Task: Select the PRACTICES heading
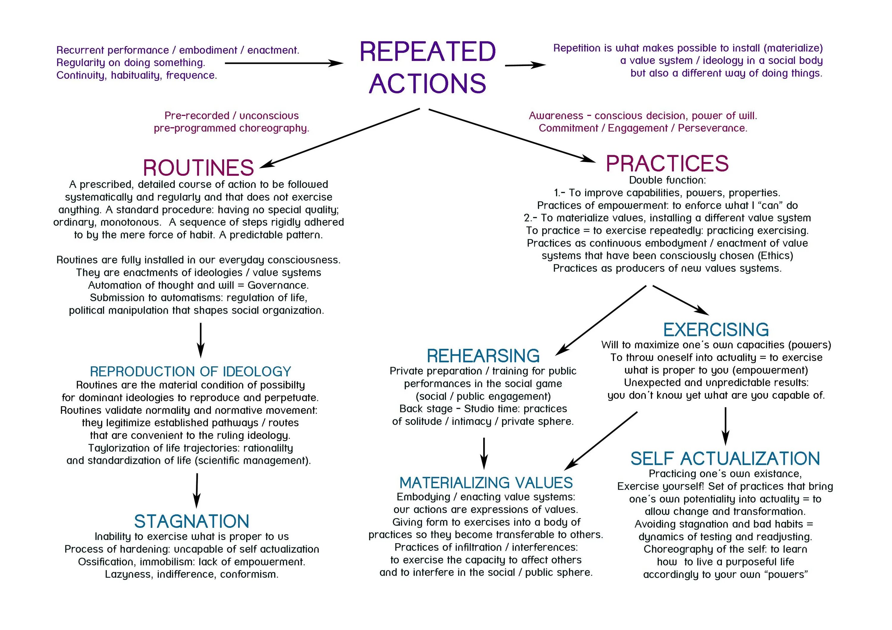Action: (667, 164)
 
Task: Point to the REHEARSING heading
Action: (483, 356)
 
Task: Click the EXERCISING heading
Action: (716, 330)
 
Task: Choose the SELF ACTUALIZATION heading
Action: (725, 459)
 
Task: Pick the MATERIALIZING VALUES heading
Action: (486, 483)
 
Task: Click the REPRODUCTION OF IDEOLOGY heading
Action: (190, 372)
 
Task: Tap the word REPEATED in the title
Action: (428, 52)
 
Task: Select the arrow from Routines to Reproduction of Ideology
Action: (200, 340)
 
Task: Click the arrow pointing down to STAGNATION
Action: (197, 490)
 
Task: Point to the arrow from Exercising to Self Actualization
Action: (725, 426)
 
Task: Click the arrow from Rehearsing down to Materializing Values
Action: (484, 453)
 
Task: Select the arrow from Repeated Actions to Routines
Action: (340, 138)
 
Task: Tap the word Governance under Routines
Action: (278, 285)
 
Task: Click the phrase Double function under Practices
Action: (667, 180)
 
